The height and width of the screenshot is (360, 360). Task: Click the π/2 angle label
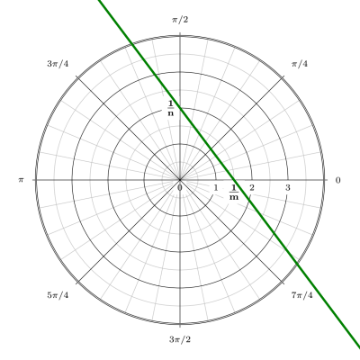pos(180,20)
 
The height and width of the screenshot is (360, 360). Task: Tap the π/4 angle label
pos(300,64)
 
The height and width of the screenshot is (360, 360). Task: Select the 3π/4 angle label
pos(58,64)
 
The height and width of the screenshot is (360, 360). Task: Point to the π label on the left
pos(21,180)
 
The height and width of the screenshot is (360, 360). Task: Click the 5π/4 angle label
pos(58,295)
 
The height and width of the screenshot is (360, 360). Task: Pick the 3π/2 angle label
pos(180,339)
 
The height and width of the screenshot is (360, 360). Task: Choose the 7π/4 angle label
pos(301,295)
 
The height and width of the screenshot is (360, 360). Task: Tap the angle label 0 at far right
pos(338,180)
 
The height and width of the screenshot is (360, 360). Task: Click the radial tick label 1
pos(216,188)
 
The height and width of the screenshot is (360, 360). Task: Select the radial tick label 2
pos(252,188)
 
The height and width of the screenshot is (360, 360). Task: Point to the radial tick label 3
pos(288,188)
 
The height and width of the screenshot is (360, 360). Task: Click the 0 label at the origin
pos(180,188)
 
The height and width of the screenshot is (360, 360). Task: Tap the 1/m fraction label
pos(234,193)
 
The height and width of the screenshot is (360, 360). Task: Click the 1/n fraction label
pos(171,109)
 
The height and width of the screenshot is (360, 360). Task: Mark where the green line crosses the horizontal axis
pos(235,180)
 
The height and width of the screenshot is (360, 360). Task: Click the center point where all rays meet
pos(180,180)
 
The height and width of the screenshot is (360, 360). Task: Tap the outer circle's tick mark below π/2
pos(180,34)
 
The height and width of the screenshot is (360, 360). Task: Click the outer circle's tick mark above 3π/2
pos(180,326)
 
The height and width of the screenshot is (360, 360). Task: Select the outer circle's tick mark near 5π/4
pos(78,282)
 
